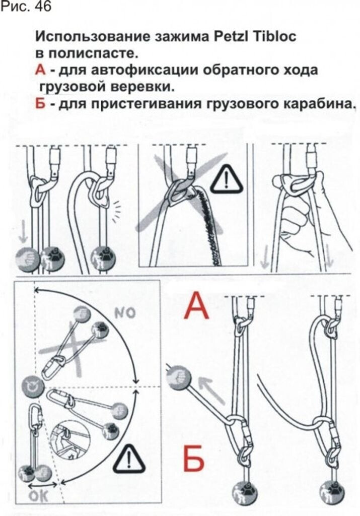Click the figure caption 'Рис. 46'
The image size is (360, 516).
[x=26, y=8]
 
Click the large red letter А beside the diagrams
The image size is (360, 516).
[x=196, y=307]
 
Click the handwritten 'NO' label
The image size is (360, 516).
[x=124, y=313]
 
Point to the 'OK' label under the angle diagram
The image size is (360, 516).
[x=38, y=496]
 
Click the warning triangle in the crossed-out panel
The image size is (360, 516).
[x=227, y=180]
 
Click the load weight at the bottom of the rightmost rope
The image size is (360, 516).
[x=332, y=491]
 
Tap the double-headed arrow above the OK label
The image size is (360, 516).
[x=43, y=487]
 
